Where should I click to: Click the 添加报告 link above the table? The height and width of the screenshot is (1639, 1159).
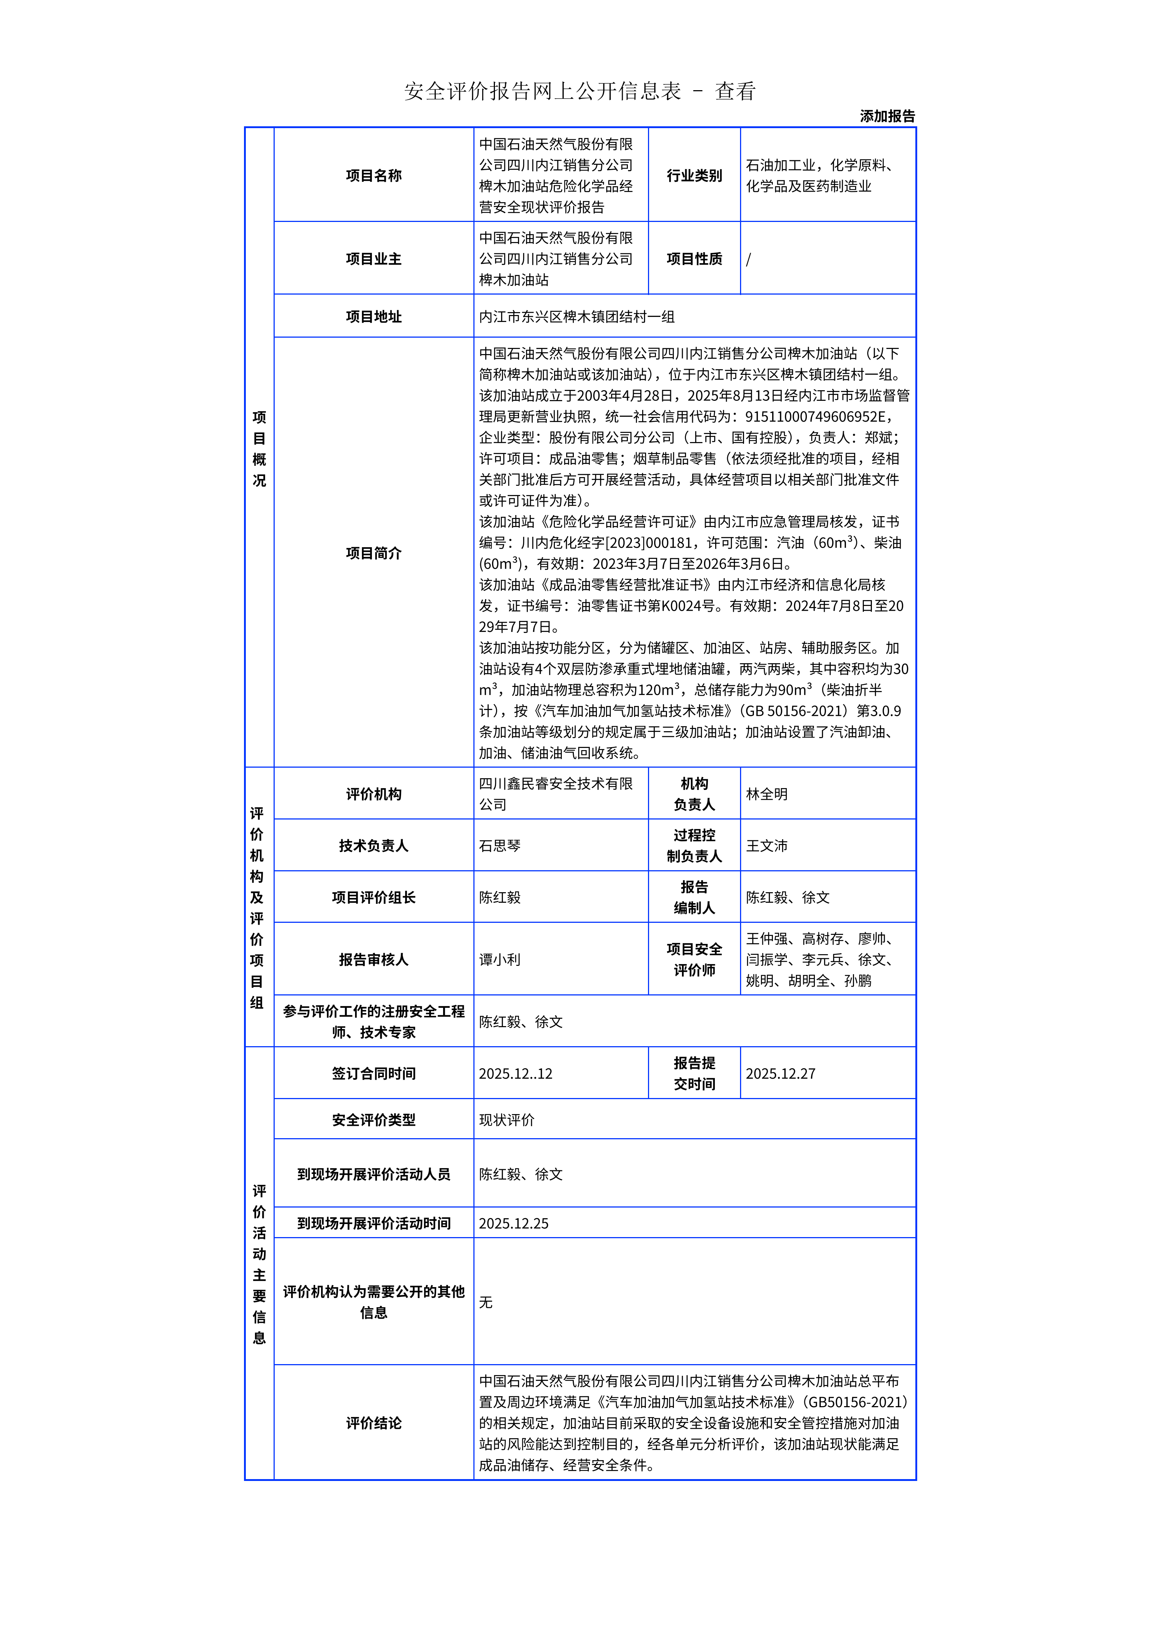click(887, 116)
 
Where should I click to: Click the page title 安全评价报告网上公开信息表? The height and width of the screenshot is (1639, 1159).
click(543, 91)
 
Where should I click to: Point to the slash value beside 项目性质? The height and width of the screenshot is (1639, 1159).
click(748, 259)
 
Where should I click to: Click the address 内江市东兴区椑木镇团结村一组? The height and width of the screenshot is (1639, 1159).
click(576, 316)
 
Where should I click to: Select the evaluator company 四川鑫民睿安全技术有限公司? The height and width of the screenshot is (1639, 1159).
click(556, 794)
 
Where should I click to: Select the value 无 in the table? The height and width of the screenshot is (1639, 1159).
click(485, 1302)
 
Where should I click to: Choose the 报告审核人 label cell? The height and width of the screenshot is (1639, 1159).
click(373, 959)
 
